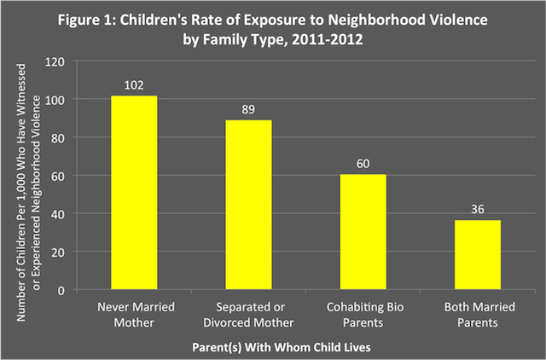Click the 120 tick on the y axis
[x=57, y=61]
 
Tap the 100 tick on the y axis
[x=57, y=100]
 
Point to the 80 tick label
[x=60, y=137]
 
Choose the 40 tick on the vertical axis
[x=60, y=214]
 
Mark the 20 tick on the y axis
[x=60, y=252]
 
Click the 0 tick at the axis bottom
[x=63, y=290]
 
